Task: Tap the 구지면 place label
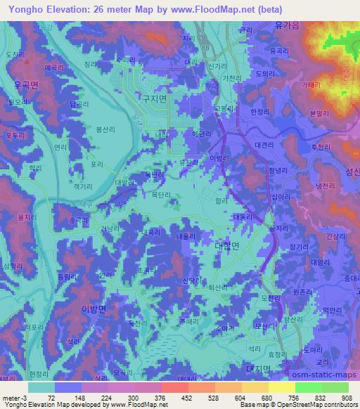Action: (153, 100)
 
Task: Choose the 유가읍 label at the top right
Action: (288, 24)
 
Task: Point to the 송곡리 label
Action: (78, 220)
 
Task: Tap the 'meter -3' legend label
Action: (13, 397)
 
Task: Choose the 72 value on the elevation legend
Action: (51, 397)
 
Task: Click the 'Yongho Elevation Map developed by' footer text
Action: (50, 405)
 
